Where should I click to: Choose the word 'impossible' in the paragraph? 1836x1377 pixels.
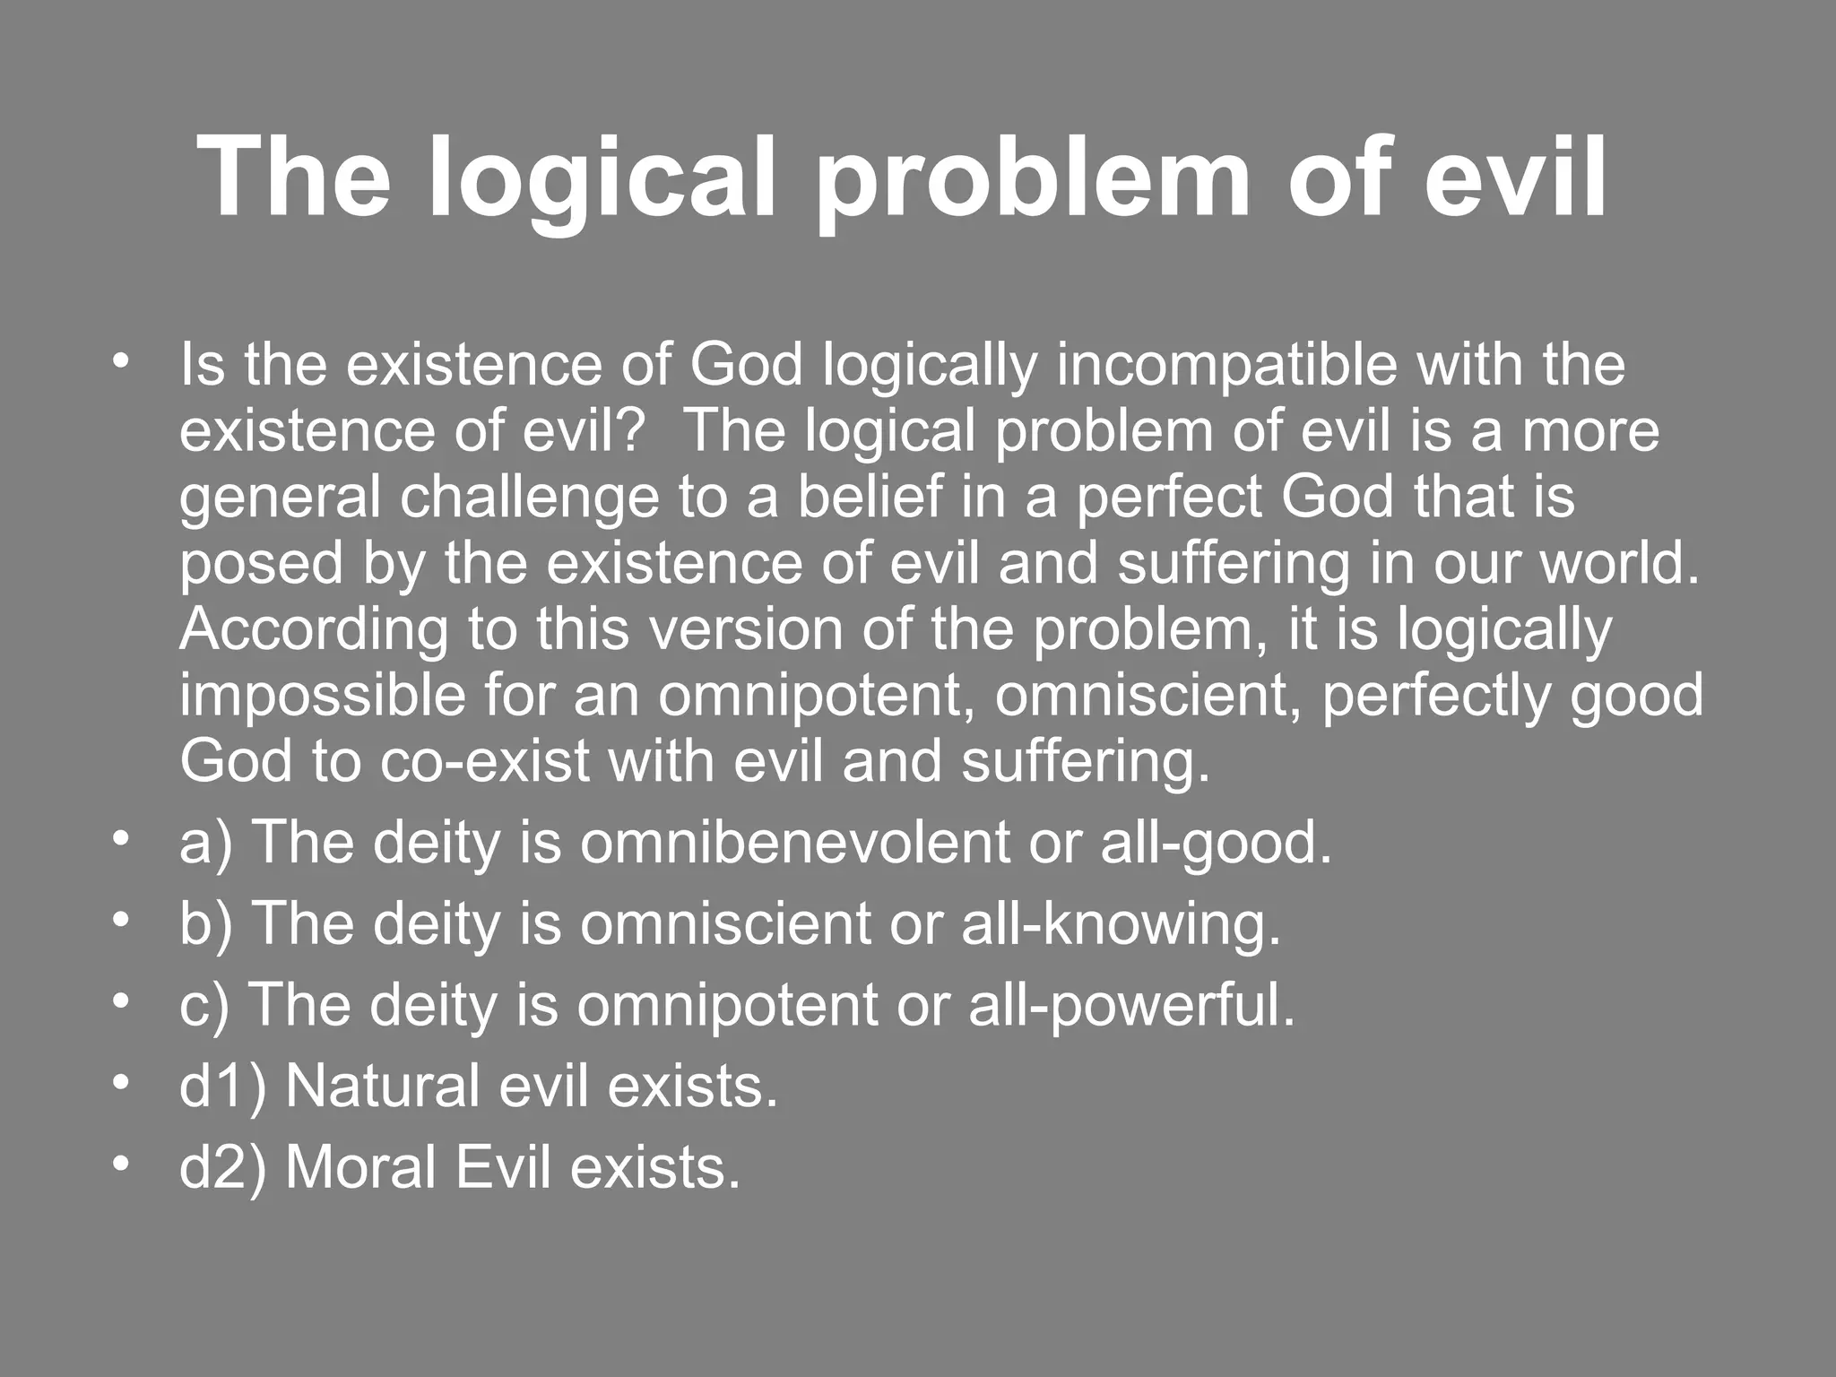tap(323, 697)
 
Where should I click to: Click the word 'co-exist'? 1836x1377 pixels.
tap(485, 762)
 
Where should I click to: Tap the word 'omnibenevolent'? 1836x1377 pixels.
tap(794, 844)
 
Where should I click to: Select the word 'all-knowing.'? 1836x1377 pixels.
tap(1122, 924)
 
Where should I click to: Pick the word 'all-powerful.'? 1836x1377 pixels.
tap(1131, 1005)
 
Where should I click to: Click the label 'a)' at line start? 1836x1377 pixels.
tap(205, 844)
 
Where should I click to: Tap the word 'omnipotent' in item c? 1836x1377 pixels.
tap(727, 1005)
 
